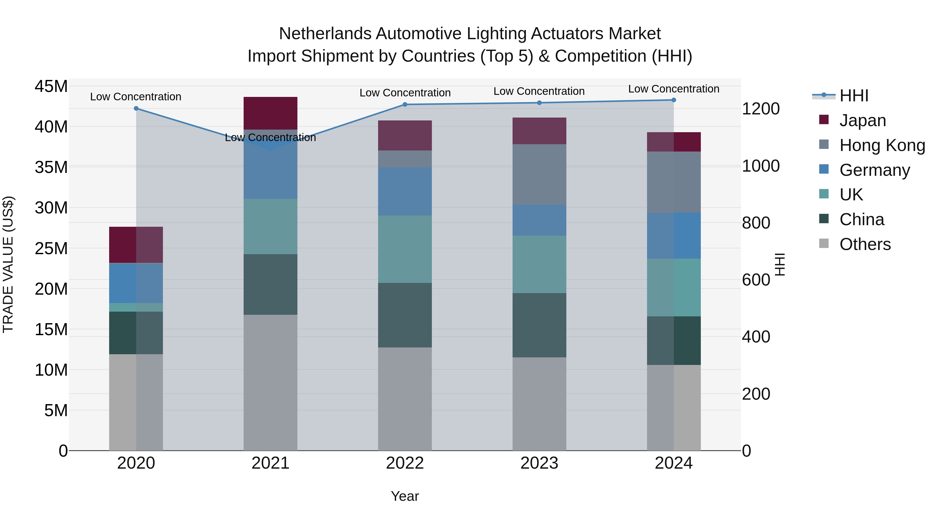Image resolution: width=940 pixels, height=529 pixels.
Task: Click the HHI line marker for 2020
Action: tap(136, 108)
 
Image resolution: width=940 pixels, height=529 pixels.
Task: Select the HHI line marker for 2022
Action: tap(405, 104)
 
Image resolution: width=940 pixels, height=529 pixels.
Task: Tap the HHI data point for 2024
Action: tap(674, 100)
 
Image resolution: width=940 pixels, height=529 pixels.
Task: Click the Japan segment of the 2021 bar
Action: tap(271, 113)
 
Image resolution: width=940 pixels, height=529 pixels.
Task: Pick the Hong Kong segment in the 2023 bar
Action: tap(539, 174)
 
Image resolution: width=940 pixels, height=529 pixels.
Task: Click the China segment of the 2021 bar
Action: tap(271, 284)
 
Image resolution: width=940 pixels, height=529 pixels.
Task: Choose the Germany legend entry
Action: tap(874, 170)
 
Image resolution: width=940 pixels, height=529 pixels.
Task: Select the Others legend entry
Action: tap(865, 244)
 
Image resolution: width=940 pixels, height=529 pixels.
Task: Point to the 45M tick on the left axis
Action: tap(51, 86)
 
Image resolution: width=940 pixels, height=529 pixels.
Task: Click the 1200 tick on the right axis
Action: tap(761, 109)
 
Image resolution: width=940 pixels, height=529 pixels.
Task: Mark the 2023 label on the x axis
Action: tap(539, 463)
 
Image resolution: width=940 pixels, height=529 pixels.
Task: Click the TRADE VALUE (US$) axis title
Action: tap(8, 264)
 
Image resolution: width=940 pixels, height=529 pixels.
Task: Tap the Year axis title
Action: tap(405, 496)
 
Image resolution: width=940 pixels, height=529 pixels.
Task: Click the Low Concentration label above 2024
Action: tap(674, 89)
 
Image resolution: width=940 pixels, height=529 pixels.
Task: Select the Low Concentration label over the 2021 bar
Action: tap(271, 138)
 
